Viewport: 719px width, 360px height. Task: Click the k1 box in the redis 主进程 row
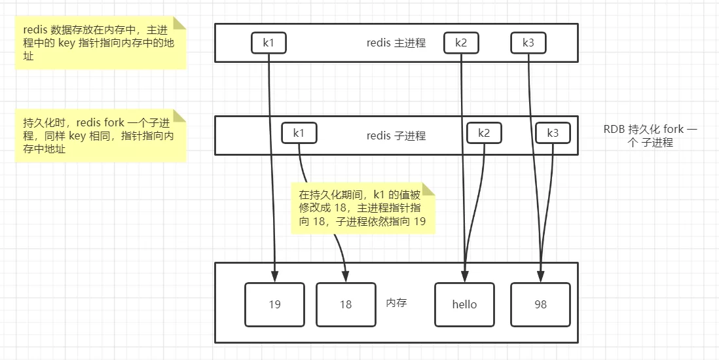click(x=268, y=43)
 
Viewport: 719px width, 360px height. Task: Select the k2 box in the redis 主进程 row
click(x=461, y=43)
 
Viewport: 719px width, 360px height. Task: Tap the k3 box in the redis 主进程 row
click(x=528, y=43)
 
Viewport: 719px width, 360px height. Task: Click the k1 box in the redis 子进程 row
click(x=299, y=133)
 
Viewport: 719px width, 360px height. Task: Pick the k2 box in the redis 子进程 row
click(x=484, y=133)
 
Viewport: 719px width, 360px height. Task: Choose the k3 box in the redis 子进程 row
click(x=553, y=133)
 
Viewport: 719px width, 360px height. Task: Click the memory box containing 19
click(x=274, y=304)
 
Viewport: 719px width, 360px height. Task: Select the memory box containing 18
click(x=346, y=304)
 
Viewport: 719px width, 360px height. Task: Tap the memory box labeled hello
click(x=464, y=304)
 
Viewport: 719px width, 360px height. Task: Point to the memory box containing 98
click(x=540, y=304)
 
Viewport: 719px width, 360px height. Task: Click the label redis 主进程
click(x=396, y=43)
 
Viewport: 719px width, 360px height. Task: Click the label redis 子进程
click(x=396, y=136)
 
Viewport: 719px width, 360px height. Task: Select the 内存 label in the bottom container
click(x=396, y=303)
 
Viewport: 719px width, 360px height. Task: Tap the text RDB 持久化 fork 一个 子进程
click(x=650, y=135)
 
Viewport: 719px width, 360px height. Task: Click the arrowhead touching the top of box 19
click(x=274, y=277)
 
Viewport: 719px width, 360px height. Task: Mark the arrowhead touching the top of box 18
click(x=346, y=277)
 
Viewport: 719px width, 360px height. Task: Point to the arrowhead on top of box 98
click(x=541, y=277)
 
